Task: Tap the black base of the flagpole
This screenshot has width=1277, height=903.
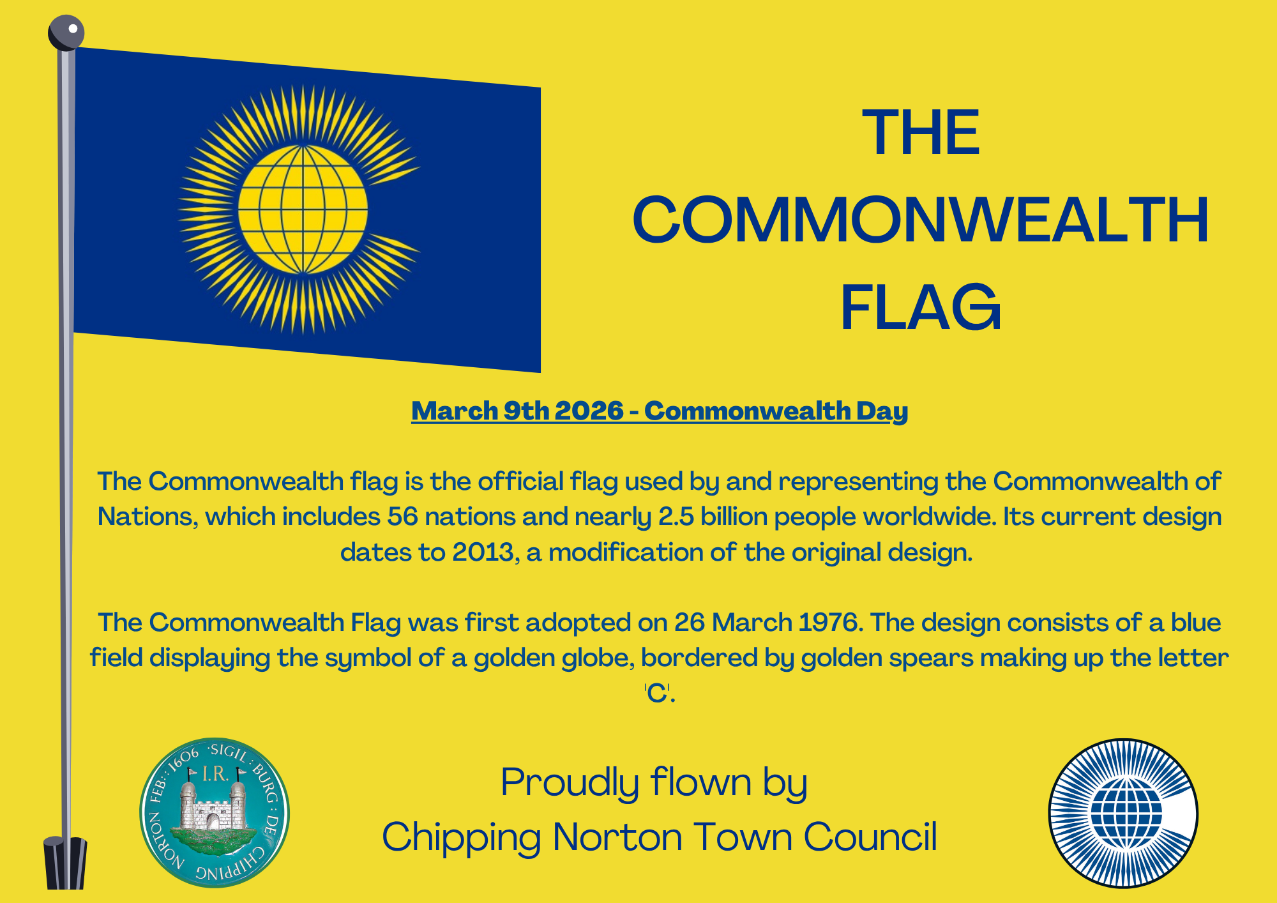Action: pos(65,863)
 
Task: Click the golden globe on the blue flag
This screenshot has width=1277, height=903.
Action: pos(303,209)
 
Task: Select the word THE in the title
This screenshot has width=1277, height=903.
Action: pos(921,133)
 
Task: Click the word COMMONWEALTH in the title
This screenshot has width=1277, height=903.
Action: pos(921,220)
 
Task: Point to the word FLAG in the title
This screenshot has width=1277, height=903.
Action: pos(921,308)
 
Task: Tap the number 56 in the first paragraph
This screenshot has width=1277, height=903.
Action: pos(402,517)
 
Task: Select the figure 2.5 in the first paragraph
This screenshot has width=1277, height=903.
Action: pos(676,517)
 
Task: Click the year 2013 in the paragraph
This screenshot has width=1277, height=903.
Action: pos(483,552)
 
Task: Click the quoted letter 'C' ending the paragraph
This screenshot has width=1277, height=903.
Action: pos(658,693)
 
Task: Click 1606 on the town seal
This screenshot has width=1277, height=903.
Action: pos(184,761)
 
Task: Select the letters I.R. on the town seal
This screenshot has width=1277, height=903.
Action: pos(215,774)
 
